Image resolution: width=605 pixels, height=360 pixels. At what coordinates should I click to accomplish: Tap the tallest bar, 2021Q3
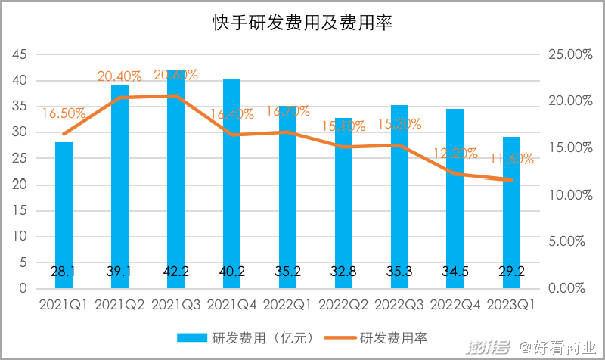point(175,182)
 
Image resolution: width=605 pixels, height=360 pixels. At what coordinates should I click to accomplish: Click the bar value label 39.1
point(119,272)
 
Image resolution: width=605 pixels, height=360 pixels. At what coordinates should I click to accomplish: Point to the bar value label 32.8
point(344,272)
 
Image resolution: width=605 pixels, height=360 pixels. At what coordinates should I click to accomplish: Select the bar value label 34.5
point(456,272)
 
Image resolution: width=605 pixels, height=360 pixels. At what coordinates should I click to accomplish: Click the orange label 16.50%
point(64,113)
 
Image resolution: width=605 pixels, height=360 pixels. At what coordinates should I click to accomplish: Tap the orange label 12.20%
point(455,154)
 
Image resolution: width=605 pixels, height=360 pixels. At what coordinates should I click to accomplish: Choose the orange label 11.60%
point(511,159)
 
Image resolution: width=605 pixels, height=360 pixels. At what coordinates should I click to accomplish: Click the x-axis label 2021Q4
point(231,305)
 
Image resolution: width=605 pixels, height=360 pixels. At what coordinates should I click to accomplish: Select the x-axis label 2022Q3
point(400,305)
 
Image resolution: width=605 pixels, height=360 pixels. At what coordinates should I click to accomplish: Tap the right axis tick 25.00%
point(565,54)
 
